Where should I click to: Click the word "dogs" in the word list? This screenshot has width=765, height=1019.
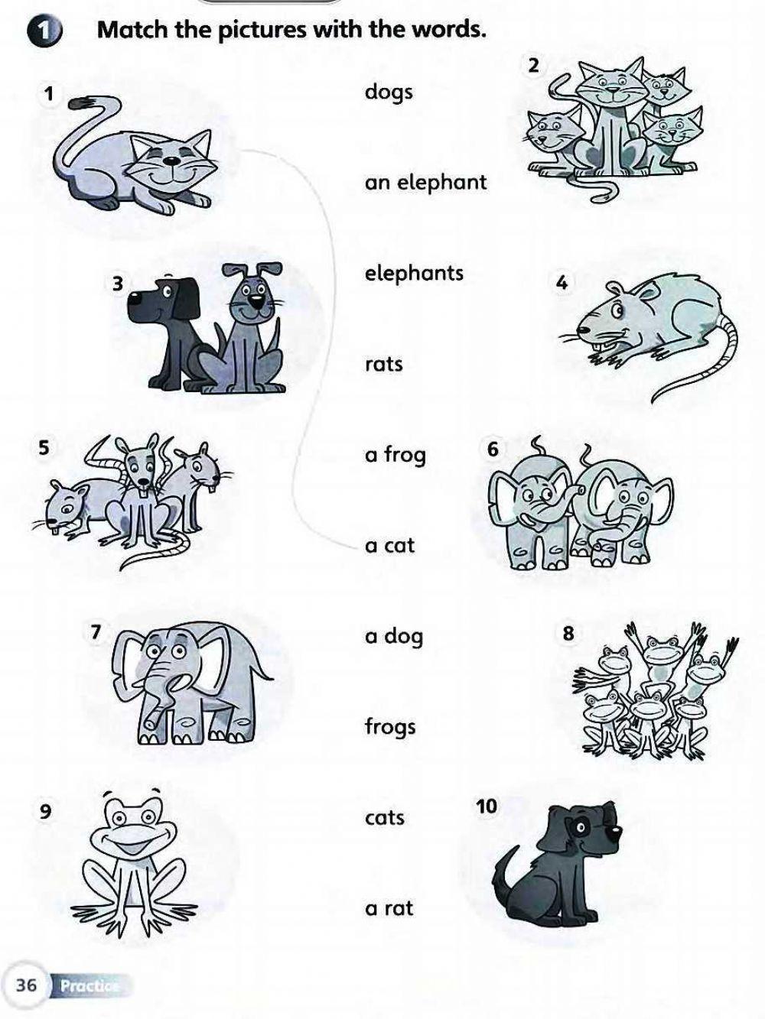(389, 92)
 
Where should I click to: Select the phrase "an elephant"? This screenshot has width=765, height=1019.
(425, 183)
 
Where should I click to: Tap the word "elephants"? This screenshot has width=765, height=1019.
(414, 274)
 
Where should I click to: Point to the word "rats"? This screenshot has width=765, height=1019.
(383, 365)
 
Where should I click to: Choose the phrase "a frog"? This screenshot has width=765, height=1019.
(396, 456)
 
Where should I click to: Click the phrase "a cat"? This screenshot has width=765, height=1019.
(389, 546)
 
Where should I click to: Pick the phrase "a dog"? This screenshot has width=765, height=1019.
(394, 637)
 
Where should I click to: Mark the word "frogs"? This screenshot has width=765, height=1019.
(390, 727)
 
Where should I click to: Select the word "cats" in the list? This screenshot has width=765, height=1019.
(384, 818)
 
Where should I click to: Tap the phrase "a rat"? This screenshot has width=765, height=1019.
(389, 908)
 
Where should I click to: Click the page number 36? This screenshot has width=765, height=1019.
(26, 985)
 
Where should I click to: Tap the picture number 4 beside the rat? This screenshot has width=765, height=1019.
(562, 283)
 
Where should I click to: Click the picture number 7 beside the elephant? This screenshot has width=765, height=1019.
(96, 631)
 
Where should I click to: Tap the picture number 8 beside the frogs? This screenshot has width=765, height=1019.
(568, 633)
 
